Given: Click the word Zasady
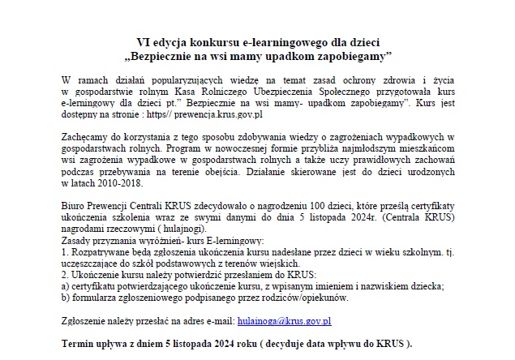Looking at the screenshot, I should point(78,242).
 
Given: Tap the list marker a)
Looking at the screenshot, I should point(66,287).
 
